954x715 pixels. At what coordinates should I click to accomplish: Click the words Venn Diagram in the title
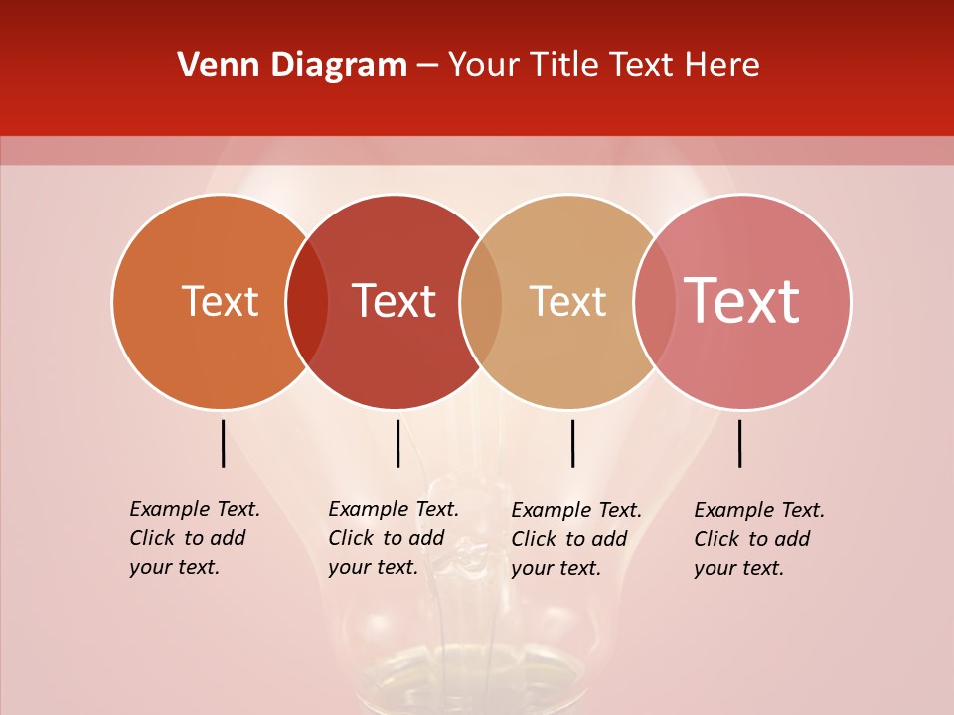(292, 66)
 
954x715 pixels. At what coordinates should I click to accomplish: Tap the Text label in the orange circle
(220, 301)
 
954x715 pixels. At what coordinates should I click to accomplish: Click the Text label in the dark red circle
(395, 301)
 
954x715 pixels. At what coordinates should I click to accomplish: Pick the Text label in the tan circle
(567, 301)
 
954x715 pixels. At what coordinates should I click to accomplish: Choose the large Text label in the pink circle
(742, 301)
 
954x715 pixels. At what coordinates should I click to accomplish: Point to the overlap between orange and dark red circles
(307, 302)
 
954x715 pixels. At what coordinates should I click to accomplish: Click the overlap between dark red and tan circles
(481, 302)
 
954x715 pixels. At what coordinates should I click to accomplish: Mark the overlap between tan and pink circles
(654, 302)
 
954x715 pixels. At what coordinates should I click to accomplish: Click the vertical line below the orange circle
(224, 443)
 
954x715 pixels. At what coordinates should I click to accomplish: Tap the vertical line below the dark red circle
(397, 443)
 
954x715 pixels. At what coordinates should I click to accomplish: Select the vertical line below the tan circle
(572, 443)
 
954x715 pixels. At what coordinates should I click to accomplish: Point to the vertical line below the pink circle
(740, 443)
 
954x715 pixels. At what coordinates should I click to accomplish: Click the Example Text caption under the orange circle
(194, 538)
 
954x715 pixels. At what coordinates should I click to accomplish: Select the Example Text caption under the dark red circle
(393, 538)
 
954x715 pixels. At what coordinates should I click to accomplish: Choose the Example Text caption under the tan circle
(575, 539)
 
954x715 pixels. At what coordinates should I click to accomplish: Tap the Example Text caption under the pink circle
(758, 539)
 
